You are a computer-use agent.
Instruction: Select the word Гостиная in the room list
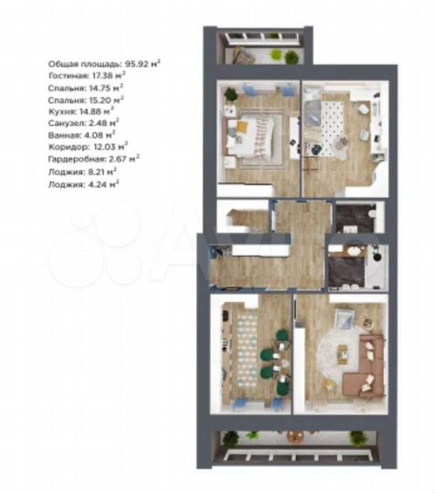(67, 76)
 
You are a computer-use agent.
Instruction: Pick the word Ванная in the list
(63, 135)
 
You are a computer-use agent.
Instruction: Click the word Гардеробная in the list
(74, 158)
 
